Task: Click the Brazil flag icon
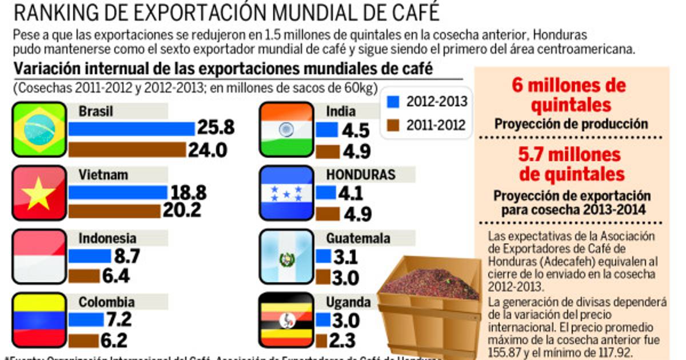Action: pyautogui.click(x=39, y=129)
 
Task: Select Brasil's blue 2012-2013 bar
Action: pyautogui.click(x=131, y=129)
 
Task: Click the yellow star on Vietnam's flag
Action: pyautogui.click(x=39, y=193)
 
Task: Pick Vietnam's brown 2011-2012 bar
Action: pyautogui.click(x=114, y=211)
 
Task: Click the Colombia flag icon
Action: pyautogui.click(x=39, y=320)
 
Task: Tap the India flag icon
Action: pyautogui.click(x=286, y=129)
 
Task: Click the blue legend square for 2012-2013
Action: pyautogui.click(x=392, y=102)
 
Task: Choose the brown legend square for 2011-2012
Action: pyautogui.click(x=392, y=125)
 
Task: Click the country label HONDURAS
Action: pyautogui.click(x=360, y=175)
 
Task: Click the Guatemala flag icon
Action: pyautogui.click(x=286, y=257)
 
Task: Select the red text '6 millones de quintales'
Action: pyautogui.click(x=569, y=95)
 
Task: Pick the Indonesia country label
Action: pyautogui.click(x=107, y=238)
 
